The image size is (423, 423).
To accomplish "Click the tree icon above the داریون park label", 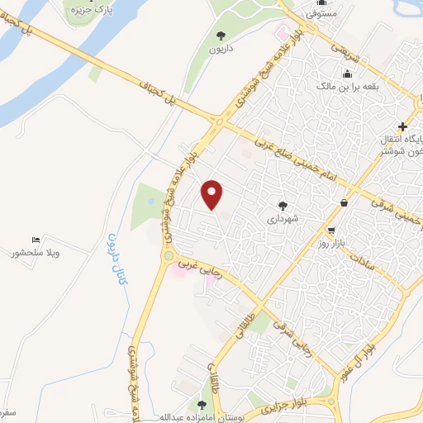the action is (x=221, y=36).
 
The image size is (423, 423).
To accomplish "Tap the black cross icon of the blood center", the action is (x=402, y=126).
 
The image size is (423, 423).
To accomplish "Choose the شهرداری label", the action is (x=283, y=220).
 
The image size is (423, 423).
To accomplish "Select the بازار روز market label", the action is (x=333, y=245).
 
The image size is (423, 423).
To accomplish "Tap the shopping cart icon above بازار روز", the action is (x=331, y=231).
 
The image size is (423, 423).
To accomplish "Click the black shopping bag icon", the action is (x=343, y=203).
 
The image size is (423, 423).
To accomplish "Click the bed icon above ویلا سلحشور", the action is (x=36, y=240).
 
